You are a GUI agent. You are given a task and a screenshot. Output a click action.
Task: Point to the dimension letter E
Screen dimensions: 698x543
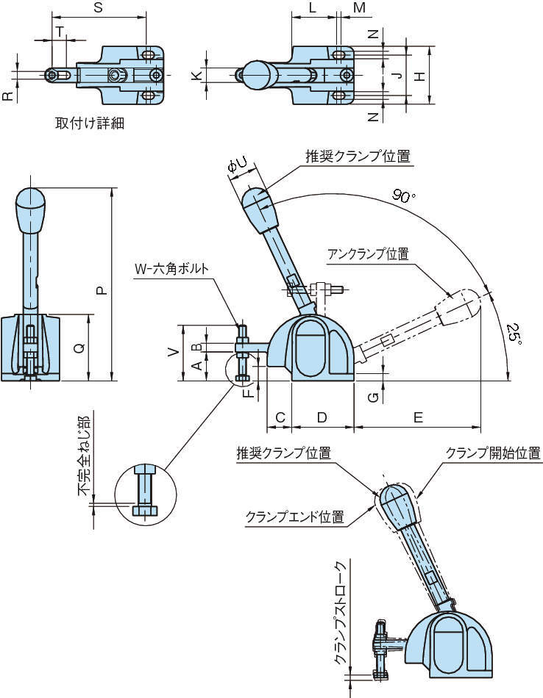pyautogui.click(x=418, y=417)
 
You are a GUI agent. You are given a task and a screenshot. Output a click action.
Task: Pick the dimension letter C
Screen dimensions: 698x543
pyautogui.click(x=280, y=417)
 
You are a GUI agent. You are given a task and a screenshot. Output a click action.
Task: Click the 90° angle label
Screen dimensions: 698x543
pyautogui.click(x=403, y=196)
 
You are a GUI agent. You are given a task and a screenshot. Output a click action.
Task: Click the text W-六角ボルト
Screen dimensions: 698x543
pyautogui.click(x=171, y=268)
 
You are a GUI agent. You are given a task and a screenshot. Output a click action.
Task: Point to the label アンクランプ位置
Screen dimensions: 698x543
pyautogui.click(x=369, y=253)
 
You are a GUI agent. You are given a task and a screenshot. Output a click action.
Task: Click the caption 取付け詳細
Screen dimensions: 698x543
pyautogui.click(x=90, y=123)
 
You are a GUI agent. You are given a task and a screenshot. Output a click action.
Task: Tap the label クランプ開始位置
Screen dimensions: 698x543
pyautogui.click(x=494, y=453)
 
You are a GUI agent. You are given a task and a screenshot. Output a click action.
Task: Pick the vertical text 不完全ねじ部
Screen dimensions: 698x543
pyautogui.click(x=85, y=456)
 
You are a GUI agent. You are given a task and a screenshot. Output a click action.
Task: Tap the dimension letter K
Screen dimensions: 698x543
pyautogui.click(x=196, y=76)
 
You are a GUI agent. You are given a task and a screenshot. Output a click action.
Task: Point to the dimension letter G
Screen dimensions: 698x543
pyautogui.click(x=374, y=397)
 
